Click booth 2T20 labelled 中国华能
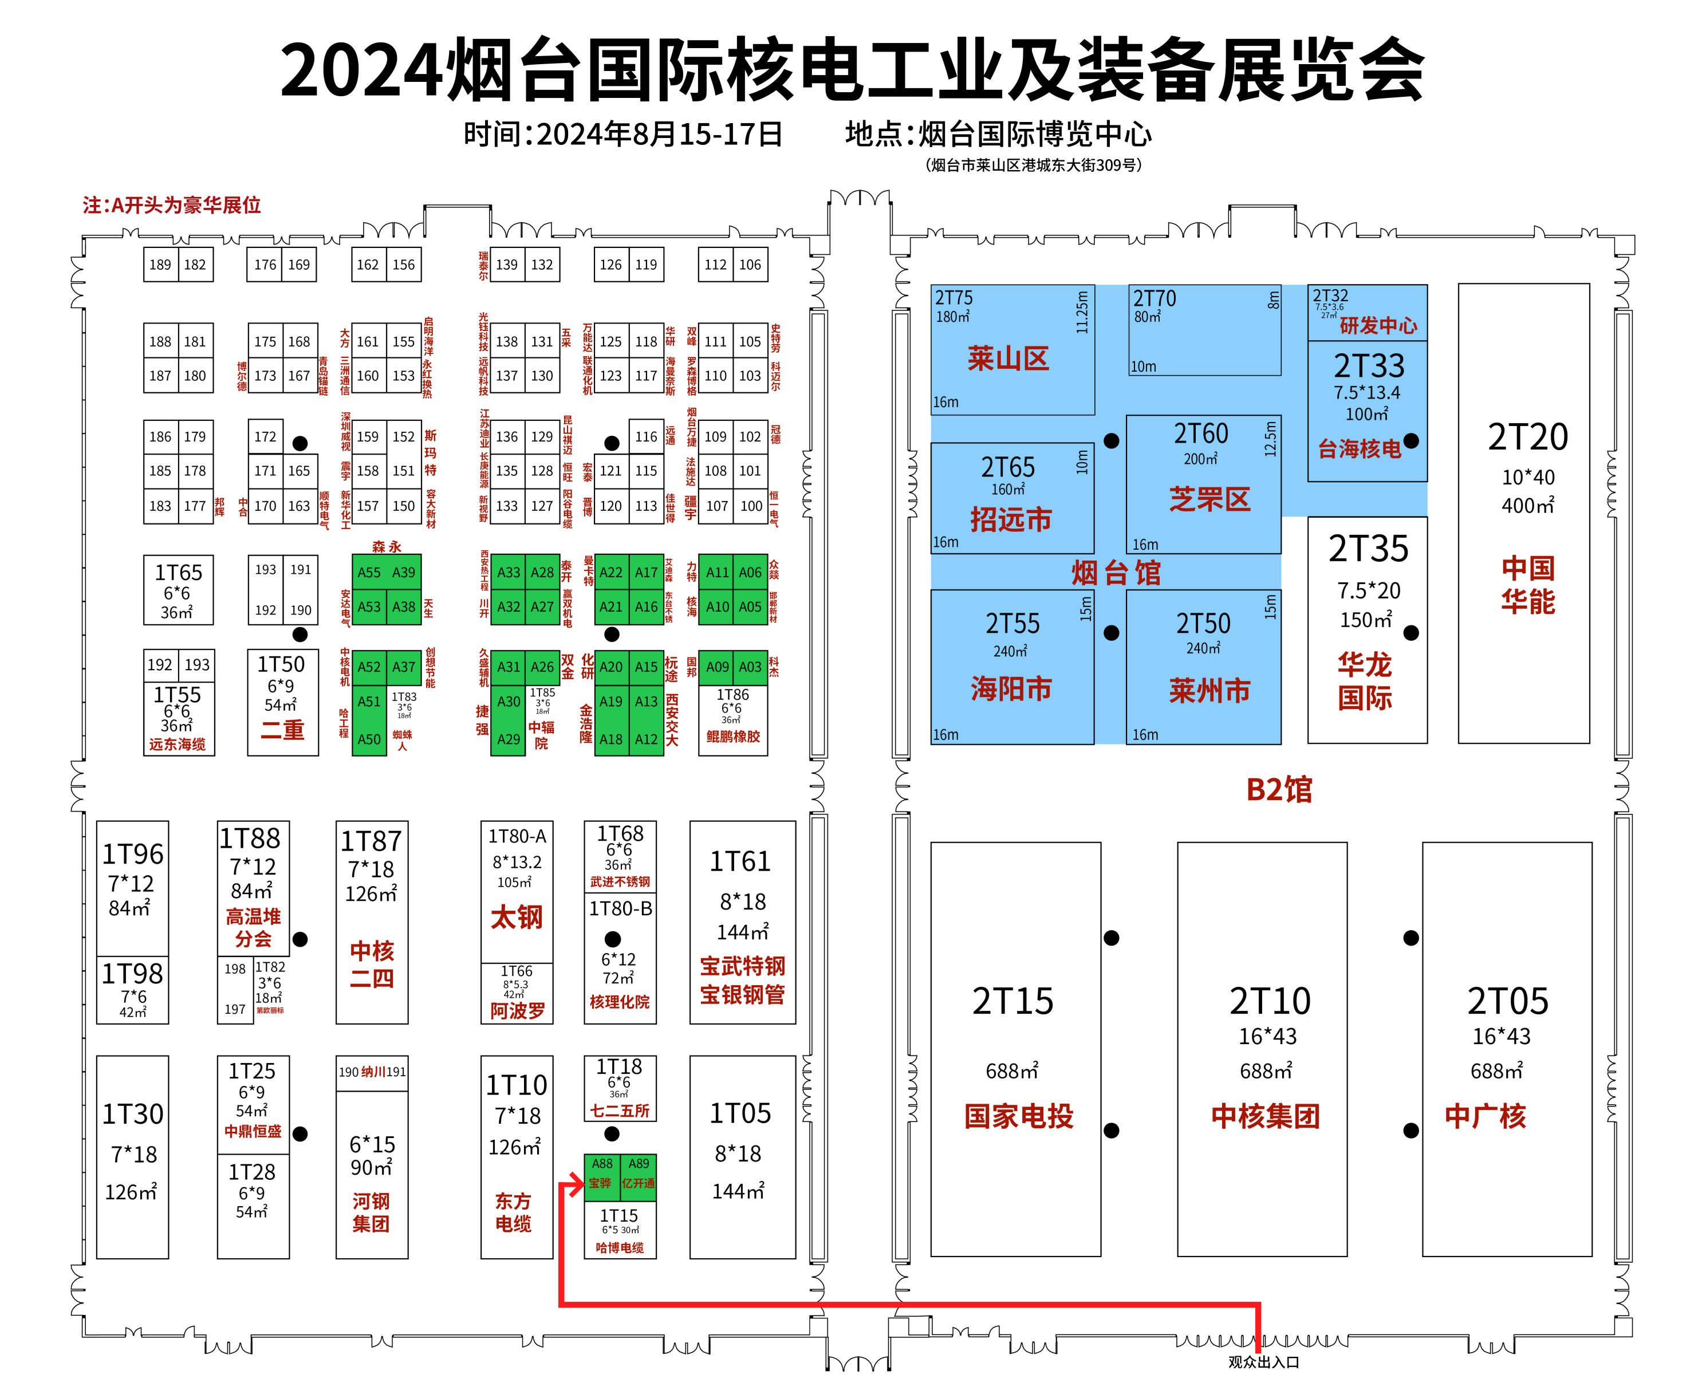tap(1523, 513)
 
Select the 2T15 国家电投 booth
tap(1015, 1049)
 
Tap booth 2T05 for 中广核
tap(1506, 1049)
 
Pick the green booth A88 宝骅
tap(601, 1175)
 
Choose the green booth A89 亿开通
tap(637, 1175)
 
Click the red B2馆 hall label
tap(1278, 789)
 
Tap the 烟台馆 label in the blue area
tap(1116, 573)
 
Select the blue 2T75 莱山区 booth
tap(1011, 349)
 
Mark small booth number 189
tap(160, 264)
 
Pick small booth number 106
tap(750, 264)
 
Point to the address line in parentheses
tap(1033, 165)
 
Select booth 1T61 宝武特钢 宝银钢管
tap(742, 922)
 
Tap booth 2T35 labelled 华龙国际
tap(1367, 630)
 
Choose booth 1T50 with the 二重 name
tap(282, 702)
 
